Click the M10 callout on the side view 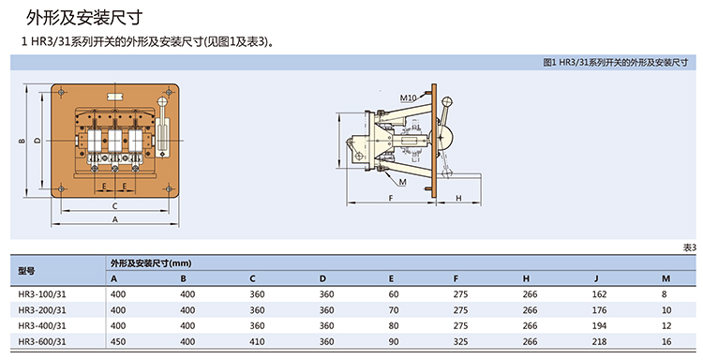[x=408, y=97]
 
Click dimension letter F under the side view [x=391, y=198]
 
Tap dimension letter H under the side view [x=458, y=198]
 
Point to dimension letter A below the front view [x=114, y=219]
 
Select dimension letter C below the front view [x=114, y=206]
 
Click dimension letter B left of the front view [x=22, y=141]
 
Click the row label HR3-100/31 [x=42, y=294]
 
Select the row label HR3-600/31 [x=42, y=341]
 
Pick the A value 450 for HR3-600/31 [x=118, y=341]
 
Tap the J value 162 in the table [x=599, y=294]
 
